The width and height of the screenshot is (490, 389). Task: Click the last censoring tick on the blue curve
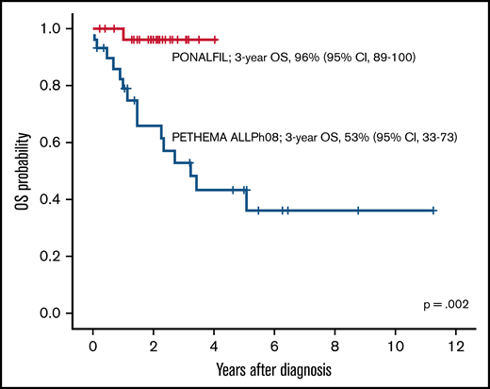tap(433, 211)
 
